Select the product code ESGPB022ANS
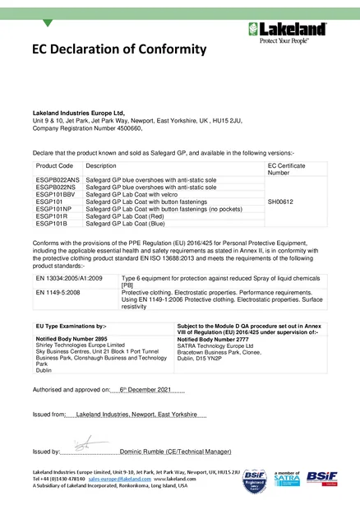pyautogui.click(x=58, y=178)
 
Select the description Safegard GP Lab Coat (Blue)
pyautogui.click(x=129, y=224)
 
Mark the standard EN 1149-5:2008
pyautogui.click(x=58, y=292)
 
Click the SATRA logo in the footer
pyautogui.click(x=291, y=477)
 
